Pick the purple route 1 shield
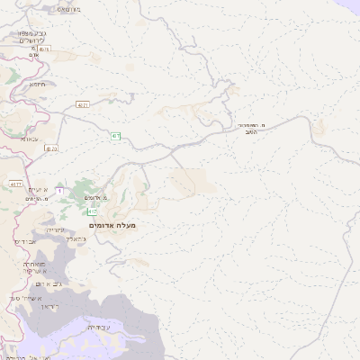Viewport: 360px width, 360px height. [60, 191]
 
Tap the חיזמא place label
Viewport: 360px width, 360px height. [39, 84]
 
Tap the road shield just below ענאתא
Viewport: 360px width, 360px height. [51, 148]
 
